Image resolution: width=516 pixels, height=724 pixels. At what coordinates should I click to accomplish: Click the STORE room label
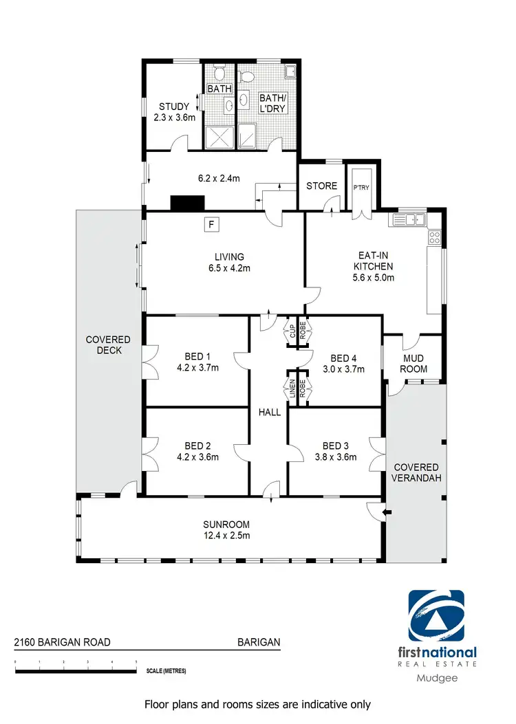coord(321,186)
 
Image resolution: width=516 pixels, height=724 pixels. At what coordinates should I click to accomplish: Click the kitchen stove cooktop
coord(435,237)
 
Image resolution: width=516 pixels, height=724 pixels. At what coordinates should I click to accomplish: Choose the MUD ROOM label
coord(414,363)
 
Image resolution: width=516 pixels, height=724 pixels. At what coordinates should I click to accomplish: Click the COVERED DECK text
coord(108,344)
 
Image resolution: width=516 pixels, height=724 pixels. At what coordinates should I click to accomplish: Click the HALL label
coord(269,412)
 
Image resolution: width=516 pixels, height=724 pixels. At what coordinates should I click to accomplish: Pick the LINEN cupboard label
coord(292,390)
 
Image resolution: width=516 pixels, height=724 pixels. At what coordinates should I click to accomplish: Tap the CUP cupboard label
coord(292,331)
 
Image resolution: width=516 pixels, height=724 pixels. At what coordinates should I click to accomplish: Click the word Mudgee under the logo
coord(438,677)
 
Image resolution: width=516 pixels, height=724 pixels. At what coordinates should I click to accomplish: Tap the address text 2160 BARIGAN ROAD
coord(63,643)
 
